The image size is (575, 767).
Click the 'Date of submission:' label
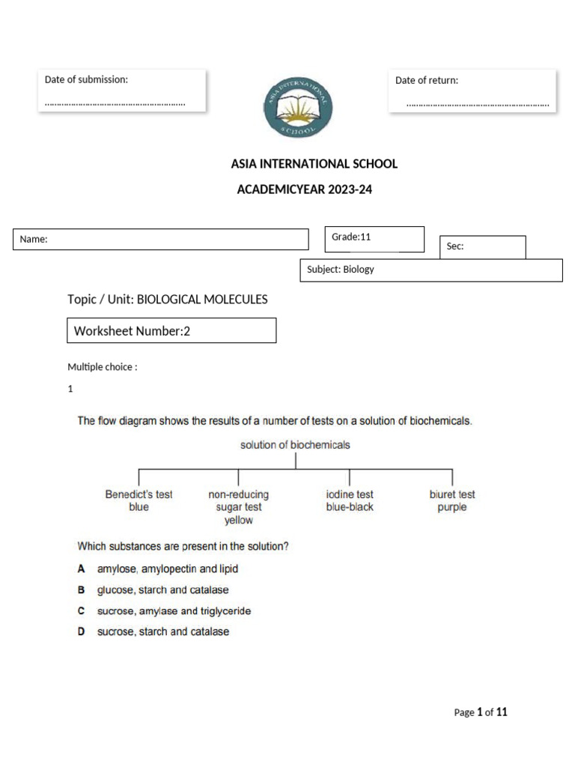pos(86,79)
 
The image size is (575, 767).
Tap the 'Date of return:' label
pos(427,80)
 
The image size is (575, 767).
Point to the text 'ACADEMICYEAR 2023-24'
pos(304,190)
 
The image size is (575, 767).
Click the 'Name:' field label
pos(34,239)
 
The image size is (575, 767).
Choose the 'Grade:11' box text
pos(351,237)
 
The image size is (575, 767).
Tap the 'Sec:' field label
pos(455,246)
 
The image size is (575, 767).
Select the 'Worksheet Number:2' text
pos(132,330)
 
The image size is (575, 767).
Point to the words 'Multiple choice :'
pos(102,367)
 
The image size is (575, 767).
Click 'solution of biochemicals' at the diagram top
pos(295,445)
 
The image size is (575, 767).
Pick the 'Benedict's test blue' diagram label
pos(139,500)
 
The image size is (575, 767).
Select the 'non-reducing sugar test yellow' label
pos(239,507)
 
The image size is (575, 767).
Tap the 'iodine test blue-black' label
pos(350,500)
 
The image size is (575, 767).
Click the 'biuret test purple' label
pos(452,500)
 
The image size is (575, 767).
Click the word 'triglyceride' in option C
pos(222,611)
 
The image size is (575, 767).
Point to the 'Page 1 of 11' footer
pos(481,712)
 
